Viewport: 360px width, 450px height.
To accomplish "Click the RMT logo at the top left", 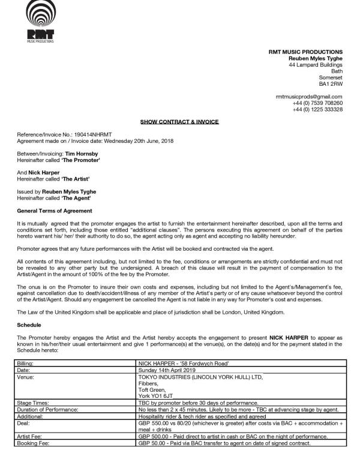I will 40,21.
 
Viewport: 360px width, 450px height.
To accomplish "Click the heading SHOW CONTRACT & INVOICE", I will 179,122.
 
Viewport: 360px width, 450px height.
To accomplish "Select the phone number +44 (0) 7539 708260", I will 317,103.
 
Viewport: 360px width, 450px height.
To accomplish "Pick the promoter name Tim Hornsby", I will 82,154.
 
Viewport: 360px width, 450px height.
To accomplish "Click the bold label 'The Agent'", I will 79,198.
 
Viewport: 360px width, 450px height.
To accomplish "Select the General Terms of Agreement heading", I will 55,211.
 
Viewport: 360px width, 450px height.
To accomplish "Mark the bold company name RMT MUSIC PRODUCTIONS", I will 305,52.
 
